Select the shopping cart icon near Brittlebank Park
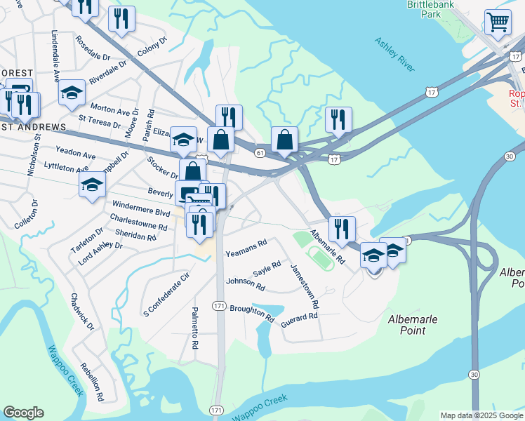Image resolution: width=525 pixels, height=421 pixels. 498,22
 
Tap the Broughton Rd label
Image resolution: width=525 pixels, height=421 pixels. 251,312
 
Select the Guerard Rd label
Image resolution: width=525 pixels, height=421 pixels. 299,317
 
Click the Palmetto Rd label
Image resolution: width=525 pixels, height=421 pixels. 196,332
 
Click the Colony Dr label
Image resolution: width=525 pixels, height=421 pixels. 152,47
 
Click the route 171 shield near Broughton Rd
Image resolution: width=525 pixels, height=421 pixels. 220,307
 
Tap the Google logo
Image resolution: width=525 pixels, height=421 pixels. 23,413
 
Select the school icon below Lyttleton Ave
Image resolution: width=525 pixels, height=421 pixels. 92,185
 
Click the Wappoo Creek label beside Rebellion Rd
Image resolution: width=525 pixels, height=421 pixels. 66,369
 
